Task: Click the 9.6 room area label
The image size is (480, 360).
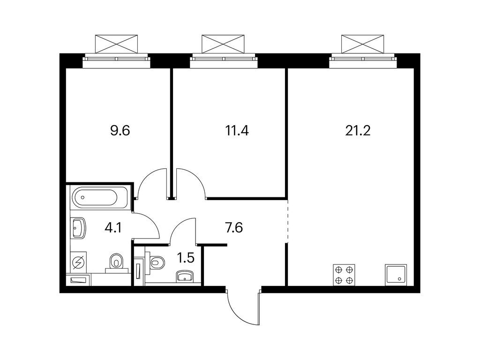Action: coord(120,130)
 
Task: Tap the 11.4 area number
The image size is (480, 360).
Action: coord(237,130)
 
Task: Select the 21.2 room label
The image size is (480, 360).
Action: coord(358,130)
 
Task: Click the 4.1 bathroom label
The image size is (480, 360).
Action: coord(113,229)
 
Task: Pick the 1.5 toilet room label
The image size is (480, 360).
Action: coord(186,257)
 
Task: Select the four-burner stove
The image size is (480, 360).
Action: coord(344,275)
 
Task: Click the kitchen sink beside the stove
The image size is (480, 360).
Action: coord(396,275)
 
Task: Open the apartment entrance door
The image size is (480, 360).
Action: coord(244,307)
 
